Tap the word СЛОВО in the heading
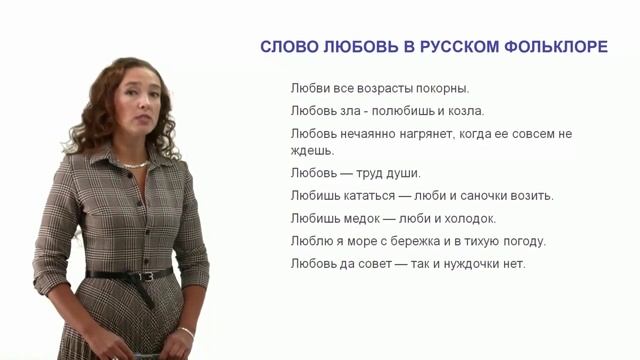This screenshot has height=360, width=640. point(286,47)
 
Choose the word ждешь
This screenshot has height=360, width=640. point(312,150)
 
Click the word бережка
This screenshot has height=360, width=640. point(443,241)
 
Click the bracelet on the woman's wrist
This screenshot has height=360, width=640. point(187,330)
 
